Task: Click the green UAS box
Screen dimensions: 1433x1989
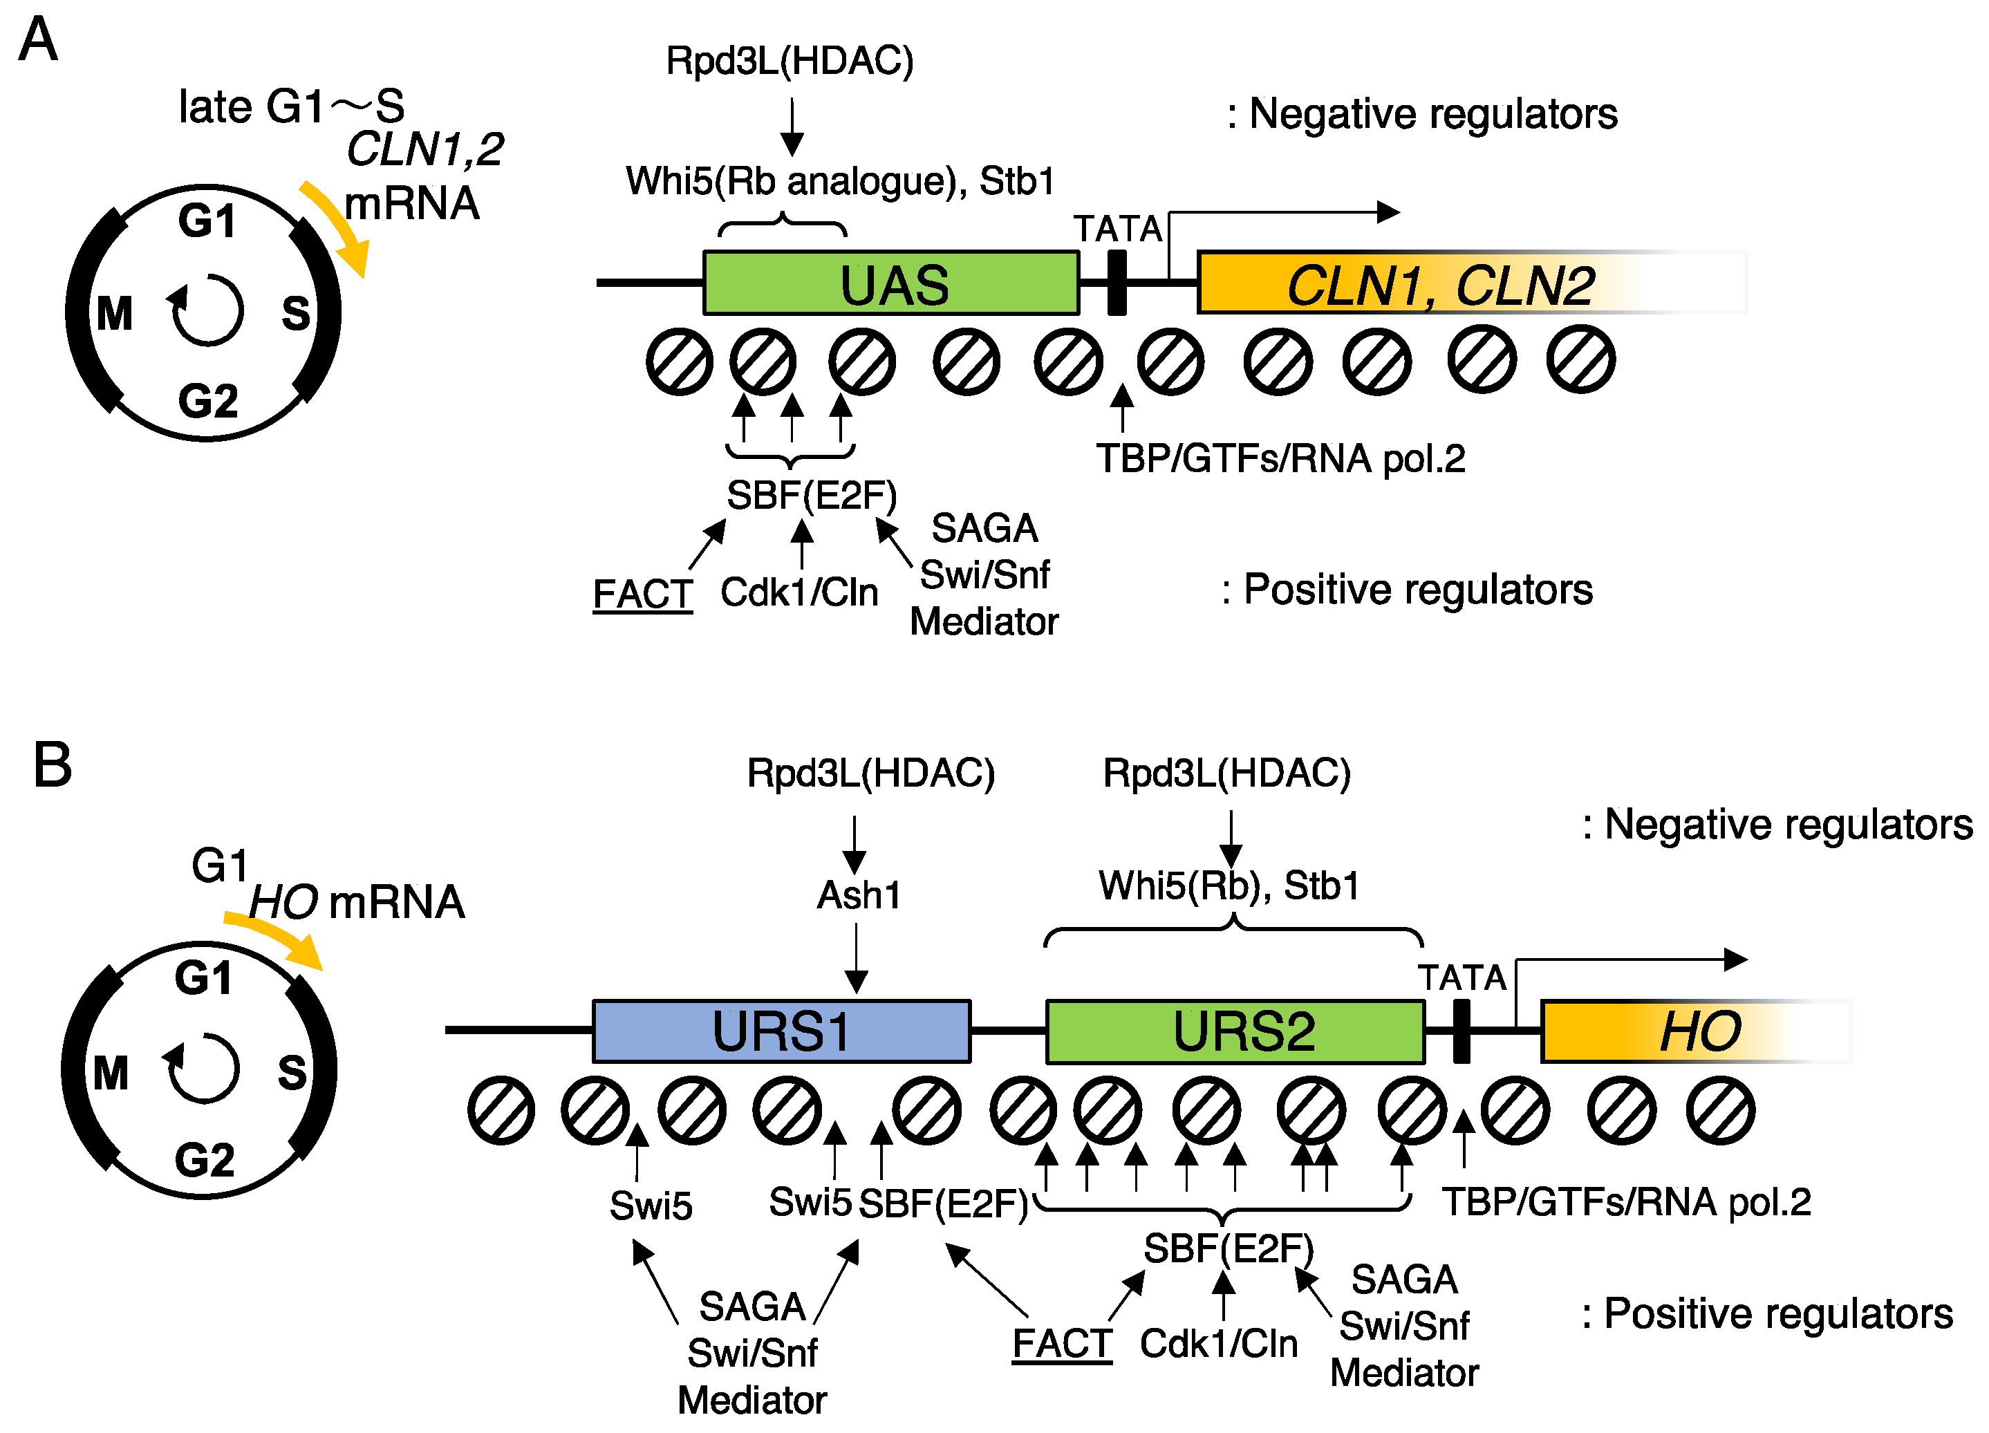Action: click(890, 283)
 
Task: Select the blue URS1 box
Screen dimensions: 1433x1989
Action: click(781, 1031)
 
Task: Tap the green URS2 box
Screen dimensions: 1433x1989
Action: click(1235, 1031)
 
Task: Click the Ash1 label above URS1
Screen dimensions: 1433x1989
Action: click(858, 895)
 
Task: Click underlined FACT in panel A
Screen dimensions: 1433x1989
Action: click(642, 594)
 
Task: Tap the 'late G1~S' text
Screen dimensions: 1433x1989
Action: click(290, 107)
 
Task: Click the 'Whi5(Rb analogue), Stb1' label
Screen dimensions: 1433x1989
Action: click(839, 182)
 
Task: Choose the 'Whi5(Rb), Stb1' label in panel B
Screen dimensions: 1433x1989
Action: click(1228, 886)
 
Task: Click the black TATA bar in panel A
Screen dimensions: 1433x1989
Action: click(1117, 283)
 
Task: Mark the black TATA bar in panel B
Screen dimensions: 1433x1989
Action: click(1461, 1031)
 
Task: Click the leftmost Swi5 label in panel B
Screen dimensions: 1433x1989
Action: click(651, 1206)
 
